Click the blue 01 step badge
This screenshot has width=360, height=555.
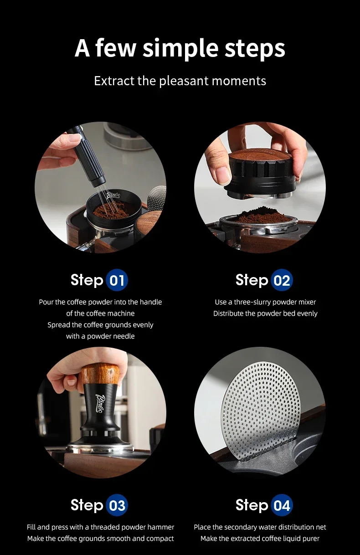click(117, 280)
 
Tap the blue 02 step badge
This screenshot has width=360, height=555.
click(282, 280)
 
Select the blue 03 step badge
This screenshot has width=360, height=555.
click(117, 505)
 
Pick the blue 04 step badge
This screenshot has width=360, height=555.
click(282, 505)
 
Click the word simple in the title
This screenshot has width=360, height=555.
click(180, 48)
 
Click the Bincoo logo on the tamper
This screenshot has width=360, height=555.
click(100, 403)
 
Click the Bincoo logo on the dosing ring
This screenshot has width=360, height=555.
click(113, 195)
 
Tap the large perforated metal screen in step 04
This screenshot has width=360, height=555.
click(261, 411)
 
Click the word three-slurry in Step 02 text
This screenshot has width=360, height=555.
click(252, 302)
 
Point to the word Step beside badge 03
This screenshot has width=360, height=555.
click(87, 505)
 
